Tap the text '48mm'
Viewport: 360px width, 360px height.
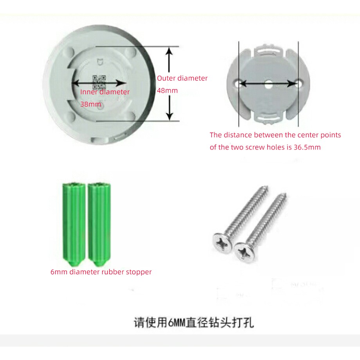tap(167, 91)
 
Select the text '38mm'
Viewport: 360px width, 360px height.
tap(90, 104)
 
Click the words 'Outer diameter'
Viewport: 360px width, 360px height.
tap(182, 78)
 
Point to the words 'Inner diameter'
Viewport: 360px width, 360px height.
tap(105, 92)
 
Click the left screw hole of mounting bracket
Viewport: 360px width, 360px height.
tap(238, 83)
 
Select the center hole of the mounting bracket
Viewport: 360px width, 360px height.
tap(268, 83)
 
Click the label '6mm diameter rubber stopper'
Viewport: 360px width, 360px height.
tap(101, 272)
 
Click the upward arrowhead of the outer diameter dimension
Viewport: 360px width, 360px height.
tap(169, 52)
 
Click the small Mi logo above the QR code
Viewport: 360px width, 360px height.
tap(99, 62)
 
